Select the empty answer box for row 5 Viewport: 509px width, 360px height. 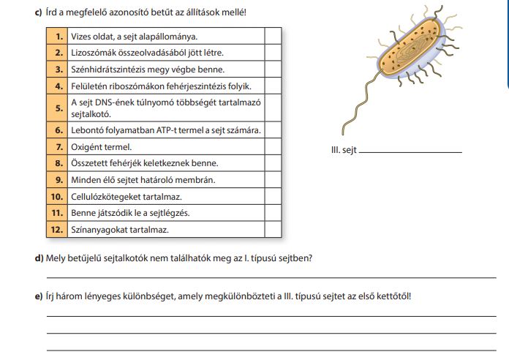coord(273,108)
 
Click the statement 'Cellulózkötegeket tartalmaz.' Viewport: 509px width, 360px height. coord(126,197)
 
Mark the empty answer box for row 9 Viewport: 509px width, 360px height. coord(273,179)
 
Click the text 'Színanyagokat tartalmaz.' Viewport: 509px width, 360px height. coord(119,229)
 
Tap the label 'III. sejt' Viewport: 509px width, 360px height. coord(344,151)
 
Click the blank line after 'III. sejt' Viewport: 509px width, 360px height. coord(412,152)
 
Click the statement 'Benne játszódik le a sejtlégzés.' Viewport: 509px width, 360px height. coord(130,213)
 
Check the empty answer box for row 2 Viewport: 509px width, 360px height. coord(273,53)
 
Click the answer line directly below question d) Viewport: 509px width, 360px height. coord(271,278)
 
